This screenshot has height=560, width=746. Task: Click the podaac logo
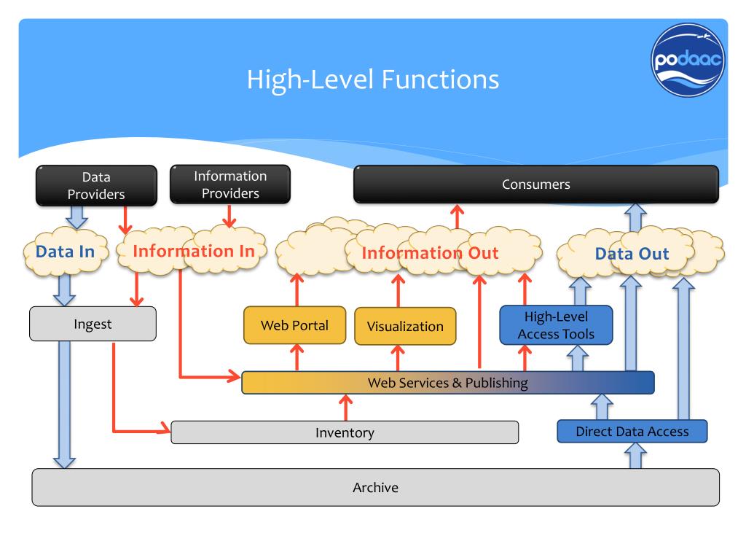pyautogui.click(x=688, y=61)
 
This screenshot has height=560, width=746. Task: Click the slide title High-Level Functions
pyautogui.click(x=372, y=79)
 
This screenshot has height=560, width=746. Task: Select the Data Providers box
pyautogui.click(x=97, y=186)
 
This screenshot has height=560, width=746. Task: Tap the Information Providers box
pyautogui.click(x=230, y=184)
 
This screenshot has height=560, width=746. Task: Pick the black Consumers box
pyautogui.click(x=536, y=184)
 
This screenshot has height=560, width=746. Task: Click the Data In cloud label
pyautogui.click(x=65, y=252)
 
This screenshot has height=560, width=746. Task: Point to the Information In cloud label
pyautogui.click(x=194, y=251)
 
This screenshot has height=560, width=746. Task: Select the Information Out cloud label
pyautogui.click(x=430, y=253)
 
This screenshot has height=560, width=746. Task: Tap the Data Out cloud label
pyautogui.click(x=632, y=254)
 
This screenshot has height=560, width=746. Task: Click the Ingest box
pyautogui.click(x=93, y=324)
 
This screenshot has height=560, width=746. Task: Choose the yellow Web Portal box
pyautogui.click(x=294, y=325)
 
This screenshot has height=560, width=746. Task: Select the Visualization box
pyautogui.click(x=405, y=326)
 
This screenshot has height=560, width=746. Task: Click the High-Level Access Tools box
pyautogui.click(x=556, y=325)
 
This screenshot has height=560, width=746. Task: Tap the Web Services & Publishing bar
pyautogui.click(x=448, y=383)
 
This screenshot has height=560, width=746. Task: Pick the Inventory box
pyautogui.click(x=345, y=432)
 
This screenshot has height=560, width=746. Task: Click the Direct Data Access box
pyautogui.click(x=632, y=432)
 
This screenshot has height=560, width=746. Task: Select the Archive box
pyautogui.click(x=376, y=487)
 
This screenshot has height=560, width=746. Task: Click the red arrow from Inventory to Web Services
pyautogui.click(x=346, y=408)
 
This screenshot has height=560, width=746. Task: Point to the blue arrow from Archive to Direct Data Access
pyautogui.click(x=635, y=456)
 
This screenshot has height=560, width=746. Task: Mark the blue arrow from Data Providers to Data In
pyautogui.click(x=76, y=217)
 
